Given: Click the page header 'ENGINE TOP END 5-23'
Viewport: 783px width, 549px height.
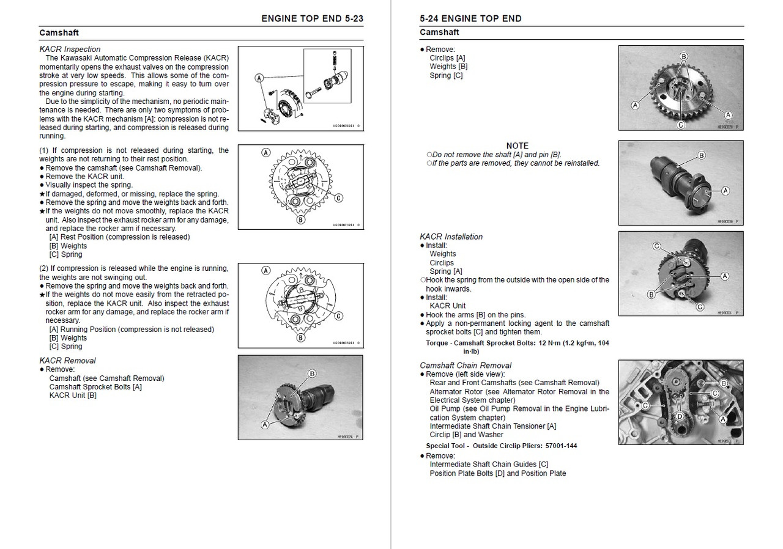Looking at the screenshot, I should [x=312, y=18].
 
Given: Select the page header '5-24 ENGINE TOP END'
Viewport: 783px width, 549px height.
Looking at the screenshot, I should [x=471, y=18].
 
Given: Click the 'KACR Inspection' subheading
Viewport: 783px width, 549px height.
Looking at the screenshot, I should [x=70, y=49].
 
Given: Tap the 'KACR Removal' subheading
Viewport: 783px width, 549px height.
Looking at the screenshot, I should [x=67, y=360].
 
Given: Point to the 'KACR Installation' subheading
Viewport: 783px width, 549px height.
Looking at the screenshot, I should [x=451, y=237].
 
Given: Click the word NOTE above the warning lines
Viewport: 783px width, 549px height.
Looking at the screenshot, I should [x=517, y=146].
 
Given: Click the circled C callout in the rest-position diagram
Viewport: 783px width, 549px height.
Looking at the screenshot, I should [x=338, y=197].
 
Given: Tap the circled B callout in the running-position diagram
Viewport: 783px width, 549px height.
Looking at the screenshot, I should [x=300, y=337].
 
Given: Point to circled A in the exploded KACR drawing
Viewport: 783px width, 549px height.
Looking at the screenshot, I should [x=259, y=78].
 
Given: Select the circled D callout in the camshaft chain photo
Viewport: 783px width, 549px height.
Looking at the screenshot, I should [x=678, y=416].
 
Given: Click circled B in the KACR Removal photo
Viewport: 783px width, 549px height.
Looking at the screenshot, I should [x=312, y=373].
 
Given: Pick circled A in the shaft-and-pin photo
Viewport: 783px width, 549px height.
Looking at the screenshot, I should [x=725, y=191].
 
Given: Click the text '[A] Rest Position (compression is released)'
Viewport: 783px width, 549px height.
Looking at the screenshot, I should [x=119, y=237].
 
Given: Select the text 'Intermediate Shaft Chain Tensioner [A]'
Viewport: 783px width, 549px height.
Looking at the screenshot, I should [x=492, y=426].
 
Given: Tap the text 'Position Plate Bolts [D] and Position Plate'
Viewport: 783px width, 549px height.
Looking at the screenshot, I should [x=497, y=473].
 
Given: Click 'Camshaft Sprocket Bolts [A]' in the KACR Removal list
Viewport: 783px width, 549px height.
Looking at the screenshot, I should [x=95, y=386].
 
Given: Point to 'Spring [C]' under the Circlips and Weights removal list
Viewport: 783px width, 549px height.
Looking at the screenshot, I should [x=446, y=75].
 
